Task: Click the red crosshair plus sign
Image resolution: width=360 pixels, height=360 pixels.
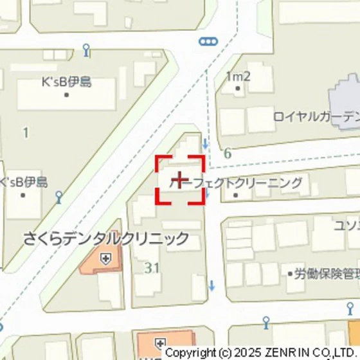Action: [181, 179]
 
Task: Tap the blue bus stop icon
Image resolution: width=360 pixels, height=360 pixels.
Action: [208, 42]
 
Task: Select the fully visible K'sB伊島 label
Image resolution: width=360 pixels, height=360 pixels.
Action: [66, 82]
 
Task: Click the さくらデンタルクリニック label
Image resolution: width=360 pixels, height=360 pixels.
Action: [106, 239]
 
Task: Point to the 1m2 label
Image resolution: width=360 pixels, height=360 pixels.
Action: [238, 76]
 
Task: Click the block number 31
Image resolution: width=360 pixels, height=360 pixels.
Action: [152, 267]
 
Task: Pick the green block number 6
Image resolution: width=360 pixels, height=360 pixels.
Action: [228, 153]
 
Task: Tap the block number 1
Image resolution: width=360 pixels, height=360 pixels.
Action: [26, 133]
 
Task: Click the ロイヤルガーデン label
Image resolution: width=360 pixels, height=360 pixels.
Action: [315, 116]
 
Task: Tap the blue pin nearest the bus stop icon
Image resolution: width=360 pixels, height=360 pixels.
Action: [87, 50]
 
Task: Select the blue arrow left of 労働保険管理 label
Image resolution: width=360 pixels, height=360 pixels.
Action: [212, 285]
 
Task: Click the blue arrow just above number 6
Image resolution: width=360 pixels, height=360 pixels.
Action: [205, 143]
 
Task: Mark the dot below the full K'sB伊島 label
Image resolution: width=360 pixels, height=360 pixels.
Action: [66, 94]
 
